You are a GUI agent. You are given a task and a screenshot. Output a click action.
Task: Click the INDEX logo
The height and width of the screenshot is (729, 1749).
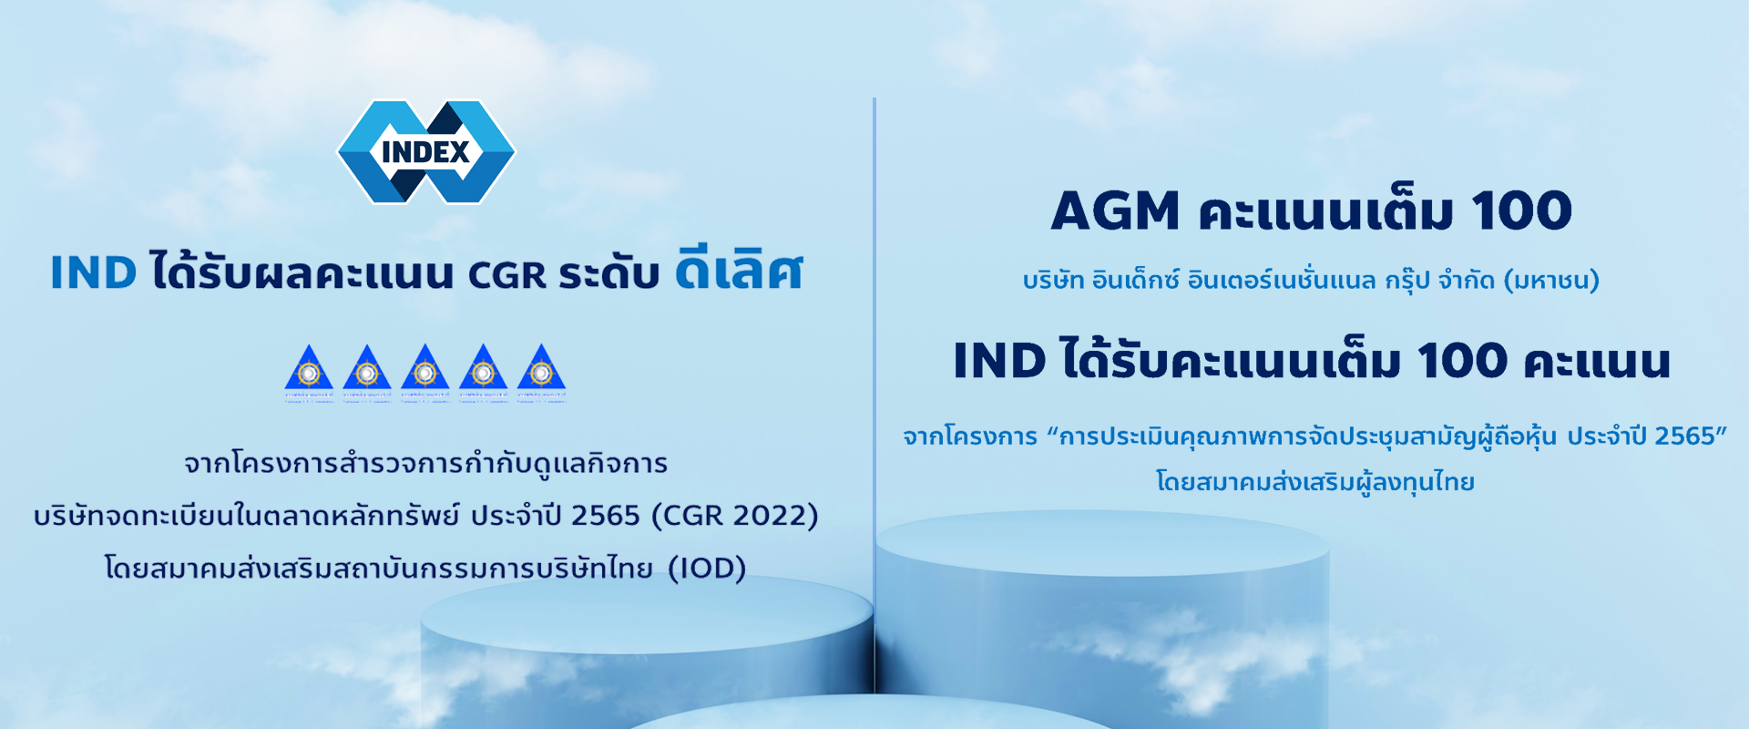[x=425, y=151]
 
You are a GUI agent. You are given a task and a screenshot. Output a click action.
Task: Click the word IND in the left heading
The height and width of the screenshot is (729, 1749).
[x=93, y=273]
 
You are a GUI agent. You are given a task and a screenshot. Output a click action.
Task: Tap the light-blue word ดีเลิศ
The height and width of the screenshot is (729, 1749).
[x=739, y=272]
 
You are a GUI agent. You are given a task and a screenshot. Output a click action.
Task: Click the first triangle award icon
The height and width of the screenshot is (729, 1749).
[x=309, y=372]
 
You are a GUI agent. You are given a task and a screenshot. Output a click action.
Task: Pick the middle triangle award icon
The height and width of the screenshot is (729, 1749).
[x=425, y=372]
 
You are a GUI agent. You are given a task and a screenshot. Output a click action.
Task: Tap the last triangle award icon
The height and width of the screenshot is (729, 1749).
[x=541, y=372]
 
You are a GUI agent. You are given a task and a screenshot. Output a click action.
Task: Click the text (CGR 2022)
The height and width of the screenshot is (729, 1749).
[x=735, y=516]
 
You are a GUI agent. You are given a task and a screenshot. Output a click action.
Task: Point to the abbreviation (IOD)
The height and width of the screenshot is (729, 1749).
[x=707, y=569]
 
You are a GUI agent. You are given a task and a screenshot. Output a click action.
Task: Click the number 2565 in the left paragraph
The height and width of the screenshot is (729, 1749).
[x=606, y=516]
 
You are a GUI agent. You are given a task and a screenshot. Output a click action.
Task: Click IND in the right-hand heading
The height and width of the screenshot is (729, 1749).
[x=999, y=361]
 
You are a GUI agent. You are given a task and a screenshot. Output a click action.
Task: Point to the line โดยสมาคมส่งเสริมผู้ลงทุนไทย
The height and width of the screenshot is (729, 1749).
[x=1314, y=482]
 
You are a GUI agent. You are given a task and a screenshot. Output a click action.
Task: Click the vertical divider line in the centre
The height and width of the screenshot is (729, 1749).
[x=874, y=364]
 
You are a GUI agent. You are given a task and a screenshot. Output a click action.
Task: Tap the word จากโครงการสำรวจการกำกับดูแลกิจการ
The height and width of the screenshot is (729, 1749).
[x=425, y=464]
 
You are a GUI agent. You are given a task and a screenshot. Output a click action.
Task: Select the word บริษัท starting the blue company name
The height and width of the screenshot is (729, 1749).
[x=1053, y=281]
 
